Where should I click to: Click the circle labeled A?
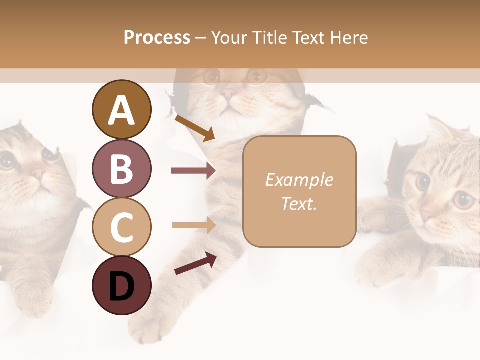(x=121, y=109)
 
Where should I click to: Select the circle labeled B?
(x=121, y=168)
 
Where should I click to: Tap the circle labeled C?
(x=121, y=227)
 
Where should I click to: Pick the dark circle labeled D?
(x=121, y=285)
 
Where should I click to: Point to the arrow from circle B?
(x=193, y=171)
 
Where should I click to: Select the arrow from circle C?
(x=193, y=225)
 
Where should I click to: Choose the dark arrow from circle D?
(x=195, y=263)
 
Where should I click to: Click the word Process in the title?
(x=157, y=37)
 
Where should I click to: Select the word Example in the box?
(x=299, y=180)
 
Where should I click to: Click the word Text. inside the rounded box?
(x=299, y=203)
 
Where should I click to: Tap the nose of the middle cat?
(x=231, y=93)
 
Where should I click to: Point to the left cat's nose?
(x=37, y=174)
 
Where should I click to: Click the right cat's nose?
(x=426, y=216)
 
